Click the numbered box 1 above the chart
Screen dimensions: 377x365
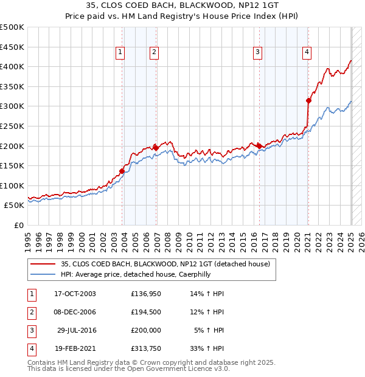(x=120, y=53)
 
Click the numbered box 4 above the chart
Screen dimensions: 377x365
(x=307, y=53)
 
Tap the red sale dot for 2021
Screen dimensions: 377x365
(x=308, y=101)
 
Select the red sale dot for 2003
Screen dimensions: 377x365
(x=122, y=171)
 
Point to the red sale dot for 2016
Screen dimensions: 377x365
(x=260, y=146)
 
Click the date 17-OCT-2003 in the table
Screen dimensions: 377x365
(x=75, y=294)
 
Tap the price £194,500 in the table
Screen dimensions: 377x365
(x=146, y=312)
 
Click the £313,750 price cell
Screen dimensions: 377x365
(x=146, y=348)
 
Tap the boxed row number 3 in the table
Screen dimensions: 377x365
(x=30, y=330)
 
